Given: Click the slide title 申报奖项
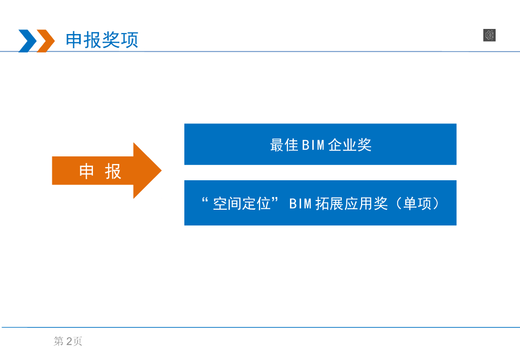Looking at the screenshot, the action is point(102,40).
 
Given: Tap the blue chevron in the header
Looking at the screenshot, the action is point(27,41).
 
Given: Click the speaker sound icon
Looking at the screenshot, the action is point(489,35).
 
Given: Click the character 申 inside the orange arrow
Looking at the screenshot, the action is point(87,172).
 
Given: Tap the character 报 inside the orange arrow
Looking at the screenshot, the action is point(113,172).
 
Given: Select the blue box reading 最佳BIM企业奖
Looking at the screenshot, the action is point(320,144).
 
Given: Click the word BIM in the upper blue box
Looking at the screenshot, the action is point(313,145).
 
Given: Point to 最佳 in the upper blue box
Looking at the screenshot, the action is point(284,145).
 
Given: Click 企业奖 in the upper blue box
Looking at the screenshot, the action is point(350,145).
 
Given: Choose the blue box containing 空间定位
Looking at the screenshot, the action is point(320,203).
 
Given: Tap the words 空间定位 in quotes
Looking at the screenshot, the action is point(242,204).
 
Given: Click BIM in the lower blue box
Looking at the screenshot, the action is point(300,204).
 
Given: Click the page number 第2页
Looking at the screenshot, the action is point(68,342).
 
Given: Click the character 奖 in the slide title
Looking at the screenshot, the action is point(111,40).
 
